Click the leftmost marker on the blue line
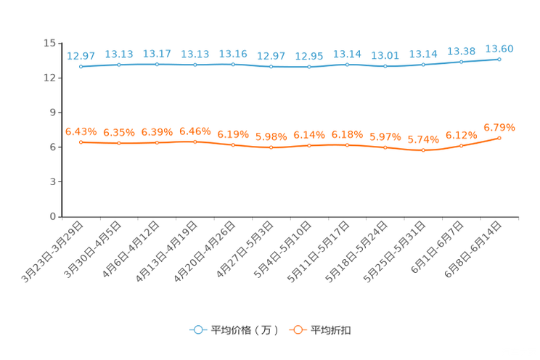81,67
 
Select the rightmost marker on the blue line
499,59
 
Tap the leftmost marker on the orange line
81,142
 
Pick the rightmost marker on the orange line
499,138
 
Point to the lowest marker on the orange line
423,150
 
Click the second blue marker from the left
119,65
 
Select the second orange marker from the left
119,144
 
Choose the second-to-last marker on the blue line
462,62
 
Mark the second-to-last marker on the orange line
462,146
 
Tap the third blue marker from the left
157,65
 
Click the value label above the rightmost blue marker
499,49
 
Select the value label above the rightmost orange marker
499,128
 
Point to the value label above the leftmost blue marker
81,55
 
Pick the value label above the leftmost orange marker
81,131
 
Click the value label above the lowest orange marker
423,139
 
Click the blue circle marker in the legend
197,330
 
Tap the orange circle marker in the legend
298,330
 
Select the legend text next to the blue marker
244,330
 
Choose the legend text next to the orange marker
332,330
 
